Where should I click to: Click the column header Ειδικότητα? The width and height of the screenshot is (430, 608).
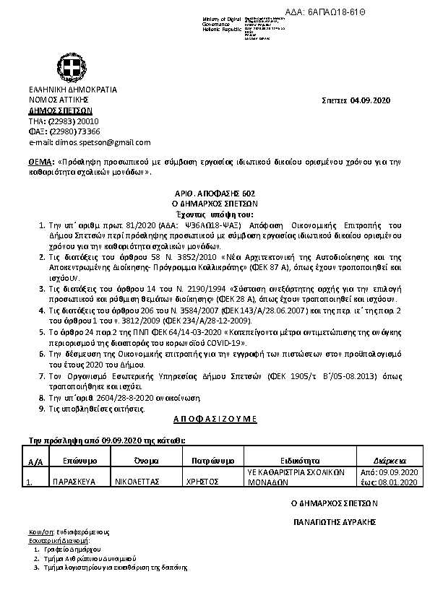(299, 459)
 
